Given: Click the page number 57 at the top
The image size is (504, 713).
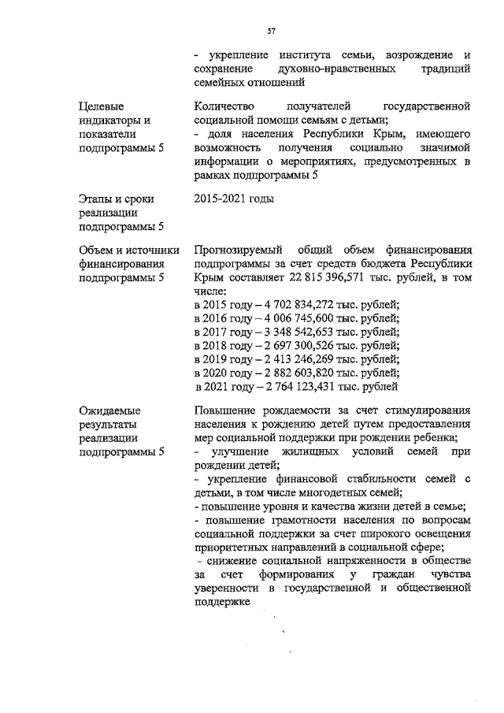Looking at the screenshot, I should (x=271, y=32).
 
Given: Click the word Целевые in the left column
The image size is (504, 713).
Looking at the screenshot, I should (x=102, y=106).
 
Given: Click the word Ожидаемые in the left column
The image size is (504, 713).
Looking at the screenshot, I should (x=109, y=410).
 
